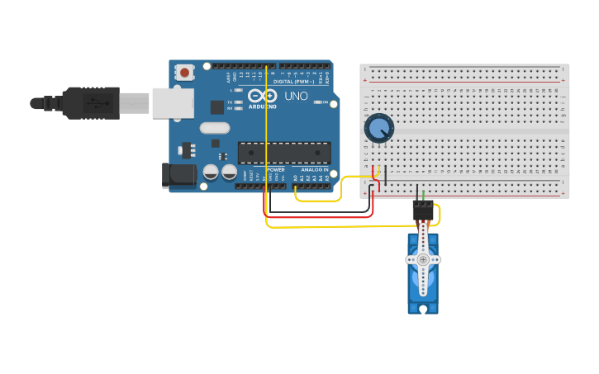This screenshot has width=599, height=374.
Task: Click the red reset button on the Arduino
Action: [x=183, y=73]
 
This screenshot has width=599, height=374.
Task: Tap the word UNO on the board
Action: [x=296, y=96]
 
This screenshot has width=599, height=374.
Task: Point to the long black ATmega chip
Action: [x=284, y=153]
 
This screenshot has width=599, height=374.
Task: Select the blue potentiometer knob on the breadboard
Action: [x=379, y=128]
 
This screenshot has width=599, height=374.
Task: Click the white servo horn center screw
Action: [x=423, y=259]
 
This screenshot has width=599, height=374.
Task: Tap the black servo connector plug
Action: [x=423, y=211]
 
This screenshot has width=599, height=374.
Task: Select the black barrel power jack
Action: [x=180, y=174]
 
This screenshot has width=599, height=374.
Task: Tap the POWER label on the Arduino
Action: [x=275, y=169]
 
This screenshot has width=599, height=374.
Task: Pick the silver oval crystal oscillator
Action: [x=214, y=127]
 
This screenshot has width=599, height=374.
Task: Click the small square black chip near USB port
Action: [x=217, y=107]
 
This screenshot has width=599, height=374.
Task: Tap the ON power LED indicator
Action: [x=316, y=102]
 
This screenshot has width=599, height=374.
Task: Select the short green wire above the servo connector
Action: [x=424, y=195]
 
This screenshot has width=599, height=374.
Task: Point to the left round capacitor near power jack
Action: [x=212, y=172]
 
